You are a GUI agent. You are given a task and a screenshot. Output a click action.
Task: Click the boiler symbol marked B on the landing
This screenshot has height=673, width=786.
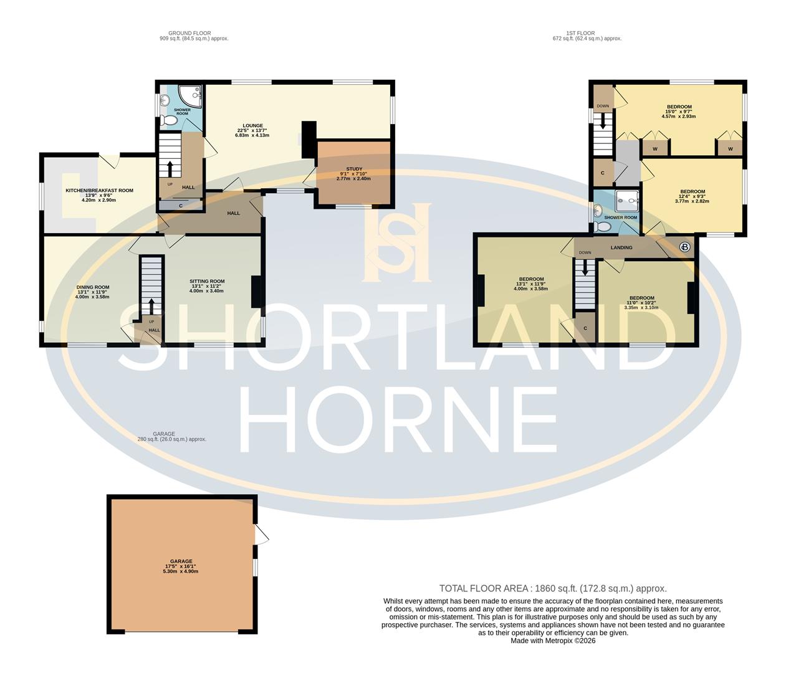click(685, 247)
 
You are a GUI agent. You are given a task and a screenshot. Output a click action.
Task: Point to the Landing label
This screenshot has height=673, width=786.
click(621, 247)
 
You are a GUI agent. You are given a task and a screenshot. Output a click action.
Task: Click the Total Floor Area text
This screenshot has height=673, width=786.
click(553, 588)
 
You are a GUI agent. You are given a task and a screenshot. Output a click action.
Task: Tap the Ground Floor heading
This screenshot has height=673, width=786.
click(189, 33)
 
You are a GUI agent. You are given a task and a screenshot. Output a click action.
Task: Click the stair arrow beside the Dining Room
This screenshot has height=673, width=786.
click(150, 305)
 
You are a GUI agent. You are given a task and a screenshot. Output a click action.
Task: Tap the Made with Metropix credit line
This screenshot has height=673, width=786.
click(553, 641)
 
